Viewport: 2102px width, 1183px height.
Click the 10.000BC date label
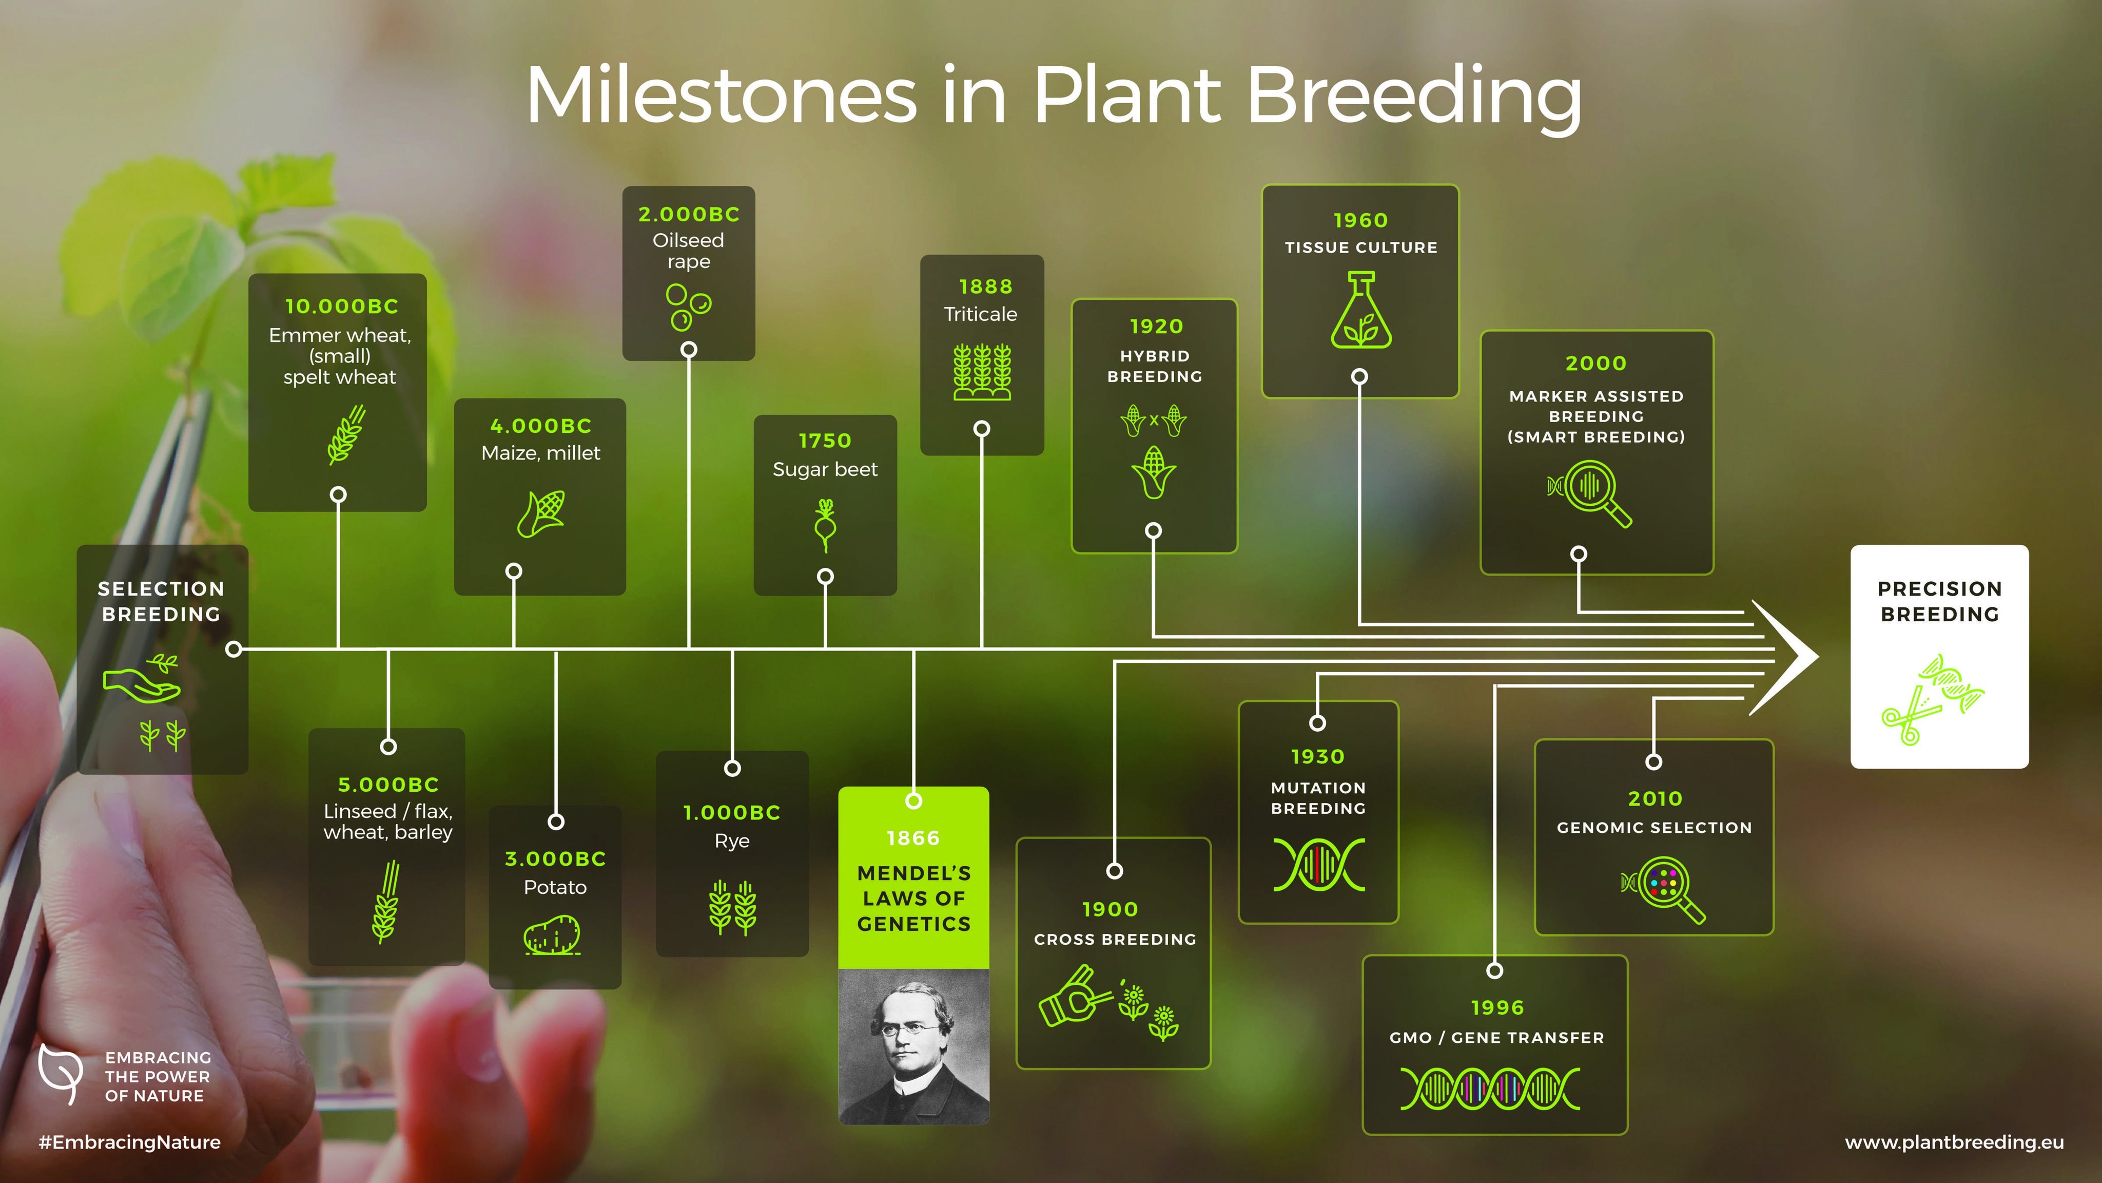click(x=341, y=306)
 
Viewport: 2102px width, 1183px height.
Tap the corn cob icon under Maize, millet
click(x=541, y=513)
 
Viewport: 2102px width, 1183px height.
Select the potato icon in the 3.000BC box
click(x=552, y=935)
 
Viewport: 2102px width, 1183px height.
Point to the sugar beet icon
click(x=825, y=525)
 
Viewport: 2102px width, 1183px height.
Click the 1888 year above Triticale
click(x=985, y=287)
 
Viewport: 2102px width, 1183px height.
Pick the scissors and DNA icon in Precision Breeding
click(x=1932, y=700)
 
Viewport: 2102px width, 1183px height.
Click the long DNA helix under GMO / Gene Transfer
click(x=1490, y=1089)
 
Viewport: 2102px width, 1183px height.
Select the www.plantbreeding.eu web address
click(x=1954, y=1141)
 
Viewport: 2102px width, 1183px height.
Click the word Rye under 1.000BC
click(x=731, y=841)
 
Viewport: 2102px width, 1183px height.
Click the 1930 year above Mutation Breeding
click(x=1317, y=757)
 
